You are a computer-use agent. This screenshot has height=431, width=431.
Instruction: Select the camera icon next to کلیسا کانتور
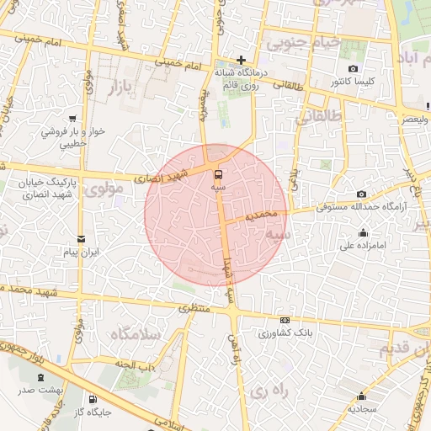353,69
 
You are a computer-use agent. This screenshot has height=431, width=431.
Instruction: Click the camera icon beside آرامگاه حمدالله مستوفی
362,194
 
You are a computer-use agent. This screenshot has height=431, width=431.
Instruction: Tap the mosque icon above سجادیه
363,396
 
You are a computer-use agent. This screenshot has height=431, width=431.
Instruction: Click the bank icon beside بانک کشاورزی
285,321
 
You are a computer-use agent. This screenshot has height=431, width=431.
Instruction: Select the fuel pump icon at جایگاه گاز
92,399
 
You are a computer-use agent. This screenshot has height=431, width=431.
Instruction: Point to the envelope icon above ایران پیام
81,239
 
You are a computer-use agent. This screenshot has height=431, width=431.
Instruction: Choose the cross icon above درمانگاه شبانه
241,60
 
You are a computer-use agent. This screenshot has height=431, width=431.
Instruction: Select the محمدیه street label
262,216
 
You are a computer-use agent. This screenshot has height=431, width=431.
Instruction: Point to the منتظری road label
196,310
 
